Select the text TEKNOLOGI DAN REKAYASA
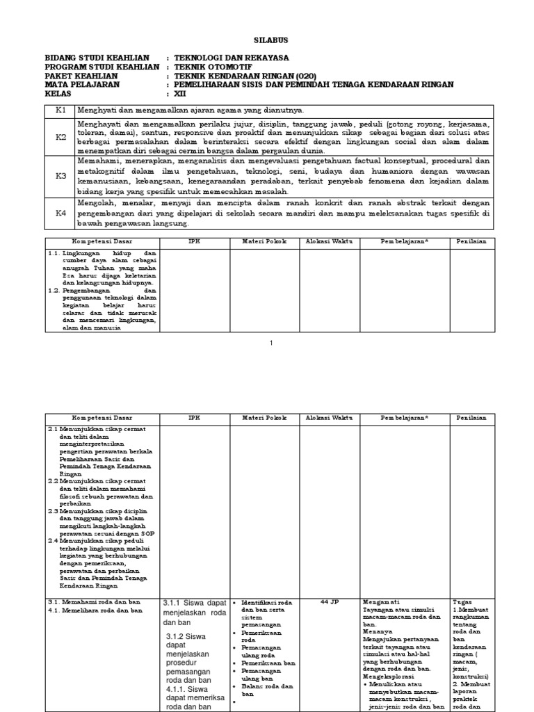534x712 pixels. (232, 58)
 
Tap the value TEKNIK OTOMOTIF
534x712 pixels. (211, 67)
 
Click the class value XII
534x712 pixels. (181, 94)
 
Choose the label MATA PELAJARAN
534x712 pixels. (82, 85)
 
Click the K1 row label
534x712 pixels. (60, 110)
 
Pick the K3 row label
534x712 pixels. (60, 176)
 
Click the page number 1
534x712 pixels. (272, 343)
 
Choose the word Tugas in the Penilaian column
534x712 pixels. (462, 602)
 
